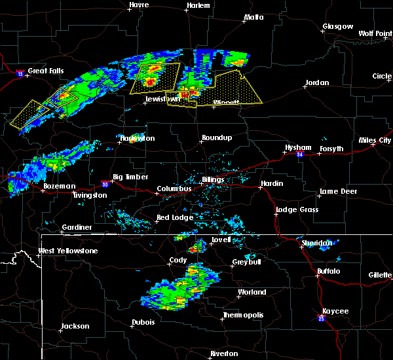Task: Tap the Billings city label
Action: (x=213, y=179)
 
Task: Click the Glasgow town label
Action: (x=337, y=27)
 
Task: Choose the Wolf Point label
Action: (x=375, y=33)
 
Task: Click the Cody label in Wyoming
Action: (x=178, y=260)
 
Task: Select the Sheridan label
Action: (x=316, y=243)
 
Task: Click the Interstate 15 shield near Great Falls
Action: (x=21, y=74)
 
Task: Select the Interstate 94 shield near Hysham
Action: (x=299, y=155)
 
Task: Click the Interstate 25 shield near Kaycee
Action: (x=321, y=319)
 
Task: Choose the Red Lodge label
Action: (x=172, y=217)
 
